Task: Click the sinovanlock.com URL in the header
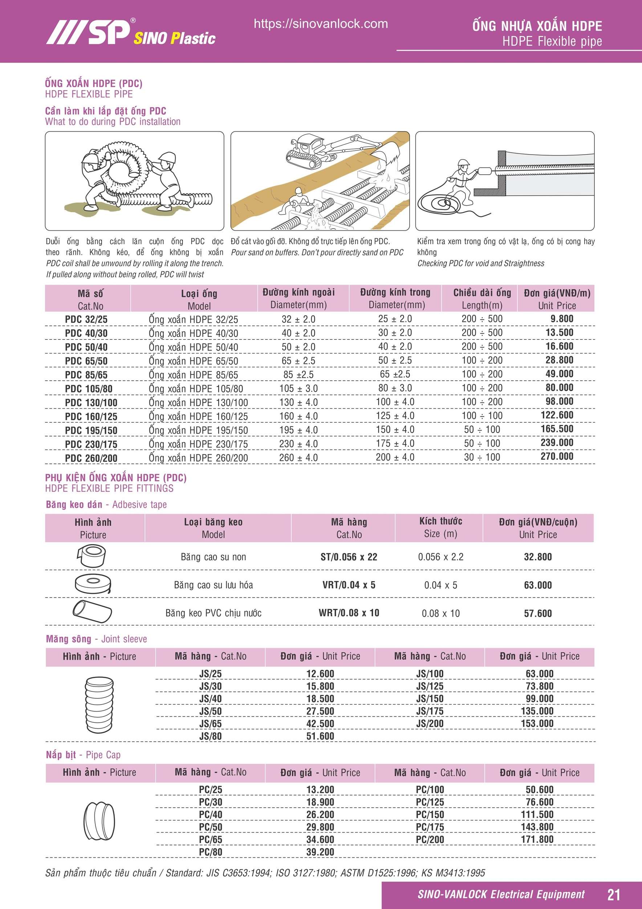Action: [x=321, y=24]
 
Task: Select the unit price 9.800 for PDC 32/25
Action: [x=561, y=319]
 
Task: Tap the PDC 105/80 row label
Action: [x=89, y=389]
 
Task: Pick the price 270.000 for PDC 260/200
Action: [x=557, y=456]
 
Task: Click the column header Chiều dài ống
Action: [x=482, y=293]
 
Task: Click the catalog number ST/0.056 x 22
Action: [x=349, y=557]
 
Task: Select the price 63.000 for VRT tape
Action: [x=537, y=585]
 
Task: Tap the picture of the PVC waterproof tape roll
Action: [x=92, y=612]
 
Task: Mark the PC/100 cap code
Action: [x=430, y=789]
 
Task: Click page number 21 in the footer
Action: [x=614, y=895]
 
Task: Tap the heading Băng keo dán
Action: [x=74, y=504]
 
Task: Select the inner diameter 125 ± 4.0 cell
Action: [x=395, y=416]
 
